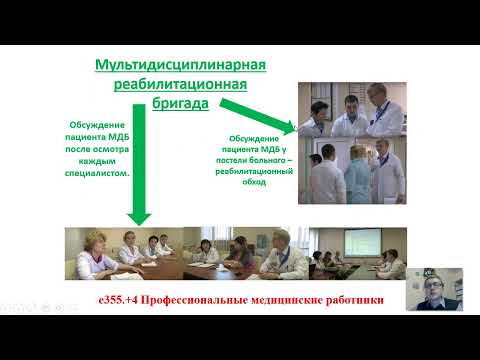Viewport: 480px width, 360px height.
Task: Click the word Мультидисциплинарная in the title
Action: (x=180, y=66)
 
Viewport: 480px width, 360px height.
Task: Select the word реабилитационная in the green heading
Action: (x=180, y=84)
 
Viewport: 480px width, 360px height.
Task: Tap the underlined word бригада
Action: (x=180, y=102)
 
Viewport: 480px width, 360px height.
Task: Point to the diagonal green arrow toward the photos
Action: (x=259, y=114)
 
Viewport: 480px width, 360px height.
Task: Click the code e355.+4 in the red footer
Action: (x=116, y=297)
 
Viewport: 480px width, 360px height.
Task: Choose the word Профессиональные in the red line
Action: (x=196, y=297)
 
